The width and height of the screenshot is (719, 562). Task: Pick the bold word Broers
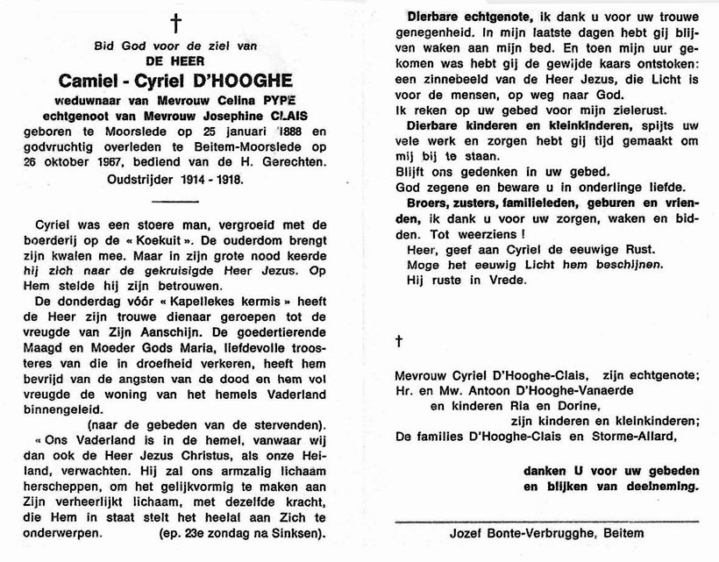coord(425,202)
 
